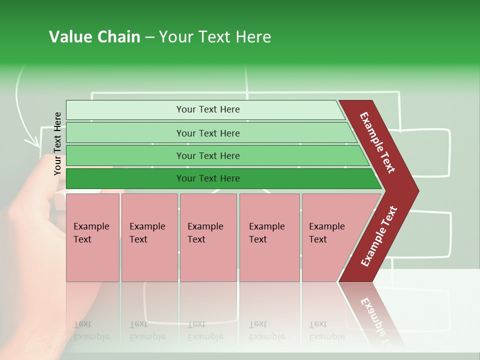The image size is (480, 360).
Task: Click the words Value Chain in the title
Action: pos(94,37)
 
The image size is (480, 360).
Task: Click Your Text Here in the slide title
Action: pos(215,37)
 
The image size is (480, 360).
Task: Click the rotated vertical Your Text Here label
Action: pos(57,143)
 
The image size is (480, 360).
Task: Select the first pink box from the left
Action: pos(92,237)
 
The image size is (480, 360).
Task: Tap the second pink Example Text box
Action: pos(149,237)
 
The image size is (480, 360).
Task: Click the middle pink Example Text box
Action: pos(208,237)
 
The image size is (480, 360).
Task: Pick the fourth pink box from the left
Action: pos(269,237)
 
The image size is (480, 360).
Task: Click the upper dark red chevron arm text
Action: pos(377,142)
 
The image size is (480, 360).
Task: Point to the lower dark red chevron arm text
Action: pos(379,236)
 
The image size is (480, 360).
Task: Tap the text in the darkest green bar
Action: pos(208,178)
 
